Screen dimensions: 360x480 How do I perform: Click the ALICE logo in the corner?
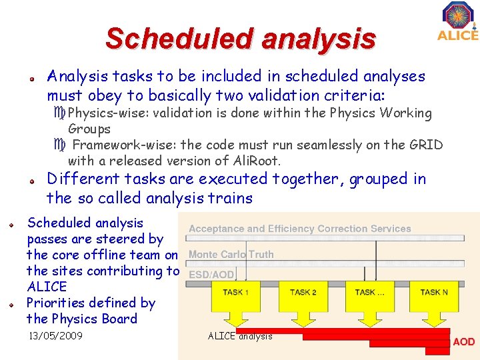pyautogui.click(x=458, y=21)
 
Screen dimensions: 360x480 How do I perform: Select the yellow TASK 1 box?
pyautogui.click(x=236, y=292)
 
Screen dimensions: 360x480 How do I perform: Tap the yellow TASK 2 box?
pyautogui.click(x=303, y=292)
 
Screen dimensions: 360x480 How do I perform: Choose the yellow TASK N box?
pyautogui.click(x=434, y=292)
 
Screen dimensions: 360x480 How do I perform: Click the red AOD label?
pyautogui.click(x=463, y=342)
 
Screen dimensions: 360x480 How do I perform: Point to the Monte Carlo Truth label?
pyautogui.click(x=231, y=254)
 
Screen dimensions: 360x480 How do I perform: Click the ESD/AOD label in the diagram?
pyautogui.click(x=211, y=275)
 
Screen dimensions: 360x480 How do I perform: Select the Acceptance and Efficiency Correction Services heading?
pyautogui.click(x=299, y=229)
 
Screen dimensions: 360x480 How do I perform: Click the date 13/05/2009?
pyautogui.click(x=55, y=336)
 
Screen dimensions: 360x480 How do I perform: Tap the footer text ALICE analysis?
pyautogui.click(x=240, y=336)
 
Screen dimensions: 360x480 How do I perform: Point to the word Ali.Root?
pyautogui.click(x=255, y=161)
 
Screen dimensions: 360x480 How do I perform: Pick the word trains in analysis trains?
pyautogui.click(x=231, y=198)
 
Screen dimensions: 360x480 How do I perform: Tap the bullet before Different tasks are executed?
pyautogui.click(x=31, y=180)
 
